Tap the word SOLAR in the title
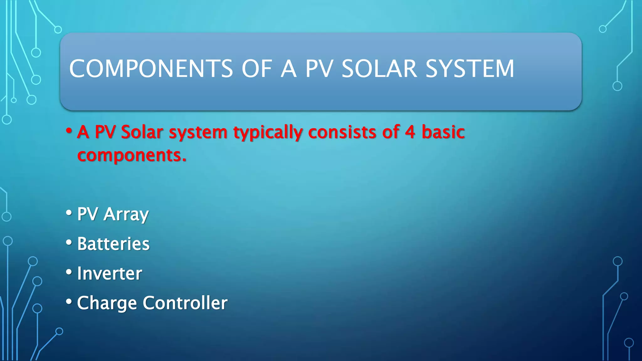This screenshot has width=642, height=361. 379,69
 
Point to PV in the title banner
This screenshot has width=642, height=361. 318,69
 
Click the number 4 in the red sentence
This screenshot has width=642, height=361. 410,132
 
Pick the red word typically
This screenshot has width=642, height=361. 268,133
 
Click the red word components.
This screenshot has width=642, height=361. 132,155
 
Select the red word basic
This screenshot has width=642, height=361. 443,132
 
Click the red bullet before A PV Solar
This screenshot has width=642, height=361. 69,130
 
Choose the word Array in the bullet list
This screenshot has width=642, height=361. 126,215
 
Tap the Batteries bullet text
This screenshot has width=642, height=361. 113,244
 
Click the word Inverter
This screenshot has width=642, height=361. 109,273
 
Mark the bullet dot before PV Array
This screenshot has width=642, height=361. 69,213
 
